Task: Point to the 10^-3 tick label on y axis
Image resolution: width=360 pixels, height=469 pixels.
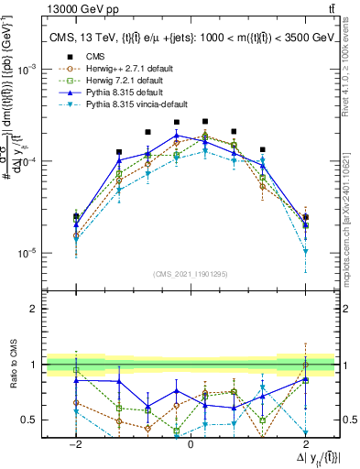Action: point(28,70)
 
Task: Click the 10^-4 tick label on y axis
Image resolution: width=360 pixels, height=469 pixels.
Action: point(28,161)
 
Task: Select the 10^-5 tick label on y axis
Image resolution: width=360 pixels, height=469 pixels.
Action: point(28,253)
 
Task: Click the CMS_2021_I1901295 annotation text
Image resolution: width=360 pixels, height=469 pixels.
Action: point(191,274)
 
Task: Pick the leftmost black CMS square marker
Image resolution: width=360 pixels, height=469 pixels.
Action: point(76,216)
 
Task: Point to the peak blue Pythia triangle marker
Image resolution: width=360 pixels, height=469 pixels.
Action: point(177,136)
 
